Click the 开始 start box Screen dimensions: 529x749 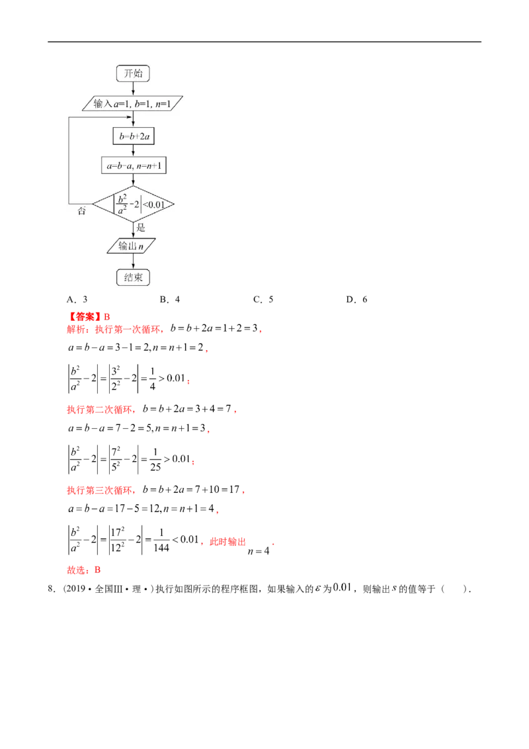tap(133, 73)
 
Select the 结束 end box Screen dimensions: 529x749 tap(133, 277)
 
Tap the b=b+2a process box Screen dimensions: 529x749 tap(133, 136)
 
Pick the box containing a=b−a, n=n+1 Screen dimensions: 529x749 tap(133, 166)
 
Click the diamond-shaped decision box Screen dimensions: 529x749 tap(133, 205)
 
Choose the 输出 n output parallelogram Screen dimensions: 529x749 tap(133, 247)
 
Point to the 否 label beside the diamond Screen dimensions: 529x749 tap(82, 211)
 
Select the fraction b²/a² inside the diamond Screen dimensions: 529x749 tap(121, 205)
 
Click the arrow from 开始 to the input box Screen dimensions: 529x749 tap(133, 89)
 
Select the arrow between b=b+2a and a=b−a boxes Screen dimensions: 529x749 tap(133, 151)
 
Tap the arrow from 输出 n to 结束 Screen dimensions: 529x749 tap(133, 262)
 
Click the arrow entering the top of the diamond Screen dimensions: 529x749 tap(133, 181)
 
